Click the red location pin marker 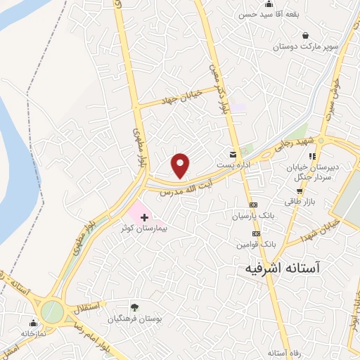pos(181,166)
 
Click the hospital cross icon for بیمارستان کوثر pos(145,218)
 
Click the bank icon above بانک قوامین pos(257,233)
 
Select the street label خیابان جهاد pos(181,96)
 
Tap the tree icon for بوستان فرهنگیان pos(134,307)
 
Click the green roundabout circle pos(51,311)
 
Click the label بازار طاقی pos(299,201)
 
